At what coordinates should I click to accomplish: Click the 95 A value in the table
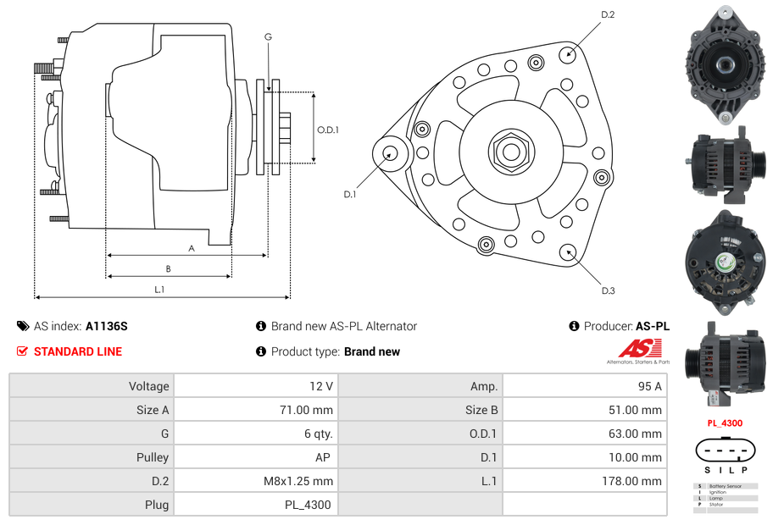[x=649, y=386]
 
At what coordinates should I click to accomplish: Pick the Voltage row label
[x=148, y=386]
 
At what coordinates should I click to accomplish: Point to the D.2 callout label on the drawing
[x=608, y=14]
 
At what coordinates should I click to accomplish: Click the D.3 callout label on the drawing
[x=608, y=290]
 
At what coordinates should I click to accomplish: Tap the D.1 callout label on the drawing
[x=349, y=194]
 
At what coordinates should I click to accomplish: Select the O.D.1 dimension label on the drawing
[x=328, y=130]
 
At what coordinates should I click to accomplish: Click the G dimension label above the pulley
[x=268, y=36]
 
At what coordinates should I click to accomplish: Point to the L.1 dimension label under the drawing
[x=158, y=290]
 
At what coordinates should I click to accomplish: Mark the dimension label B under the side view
[x=168, y=268]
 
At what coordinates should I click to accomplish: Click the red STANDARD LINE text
[x=78, y=351]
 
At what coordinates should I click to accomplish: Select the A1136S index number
[x=106, y=326]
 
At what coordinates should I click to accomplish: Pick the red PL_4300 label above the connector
[x=725, y=423]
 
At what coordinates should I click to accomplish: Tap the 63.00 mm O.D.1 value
[x=637, y=434]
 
